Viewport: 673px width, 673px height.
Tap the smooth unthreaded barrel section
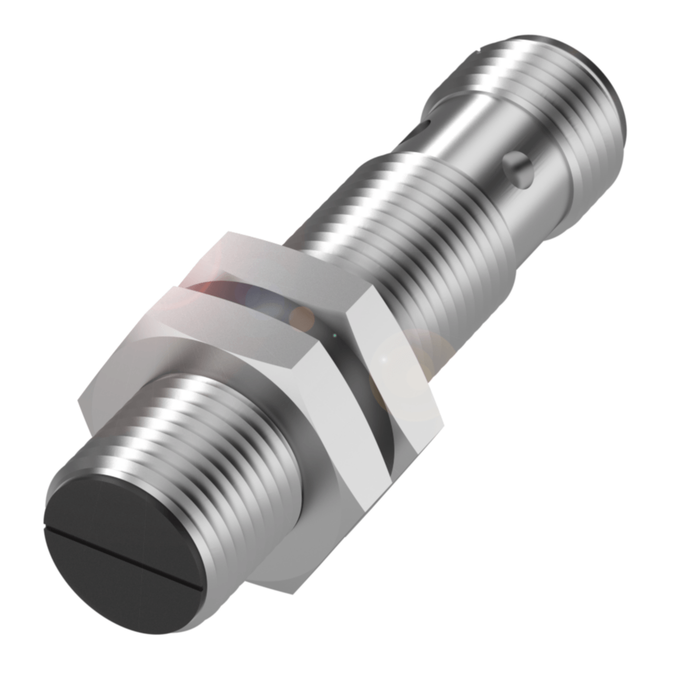(473, 137)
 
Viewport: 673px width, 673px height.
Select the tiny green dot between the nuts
(334, 334)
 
